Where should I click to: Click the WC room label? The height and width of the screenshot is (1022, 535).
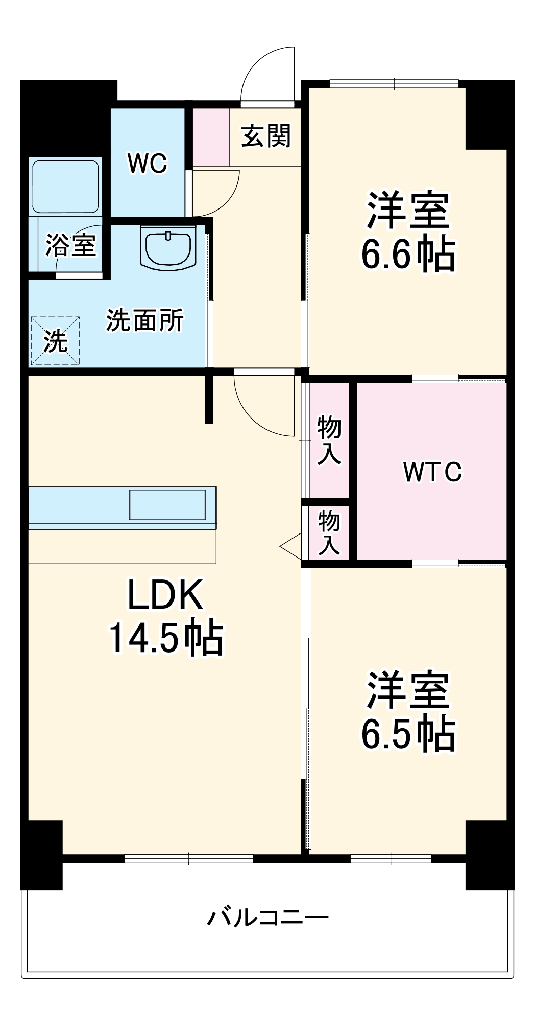148,164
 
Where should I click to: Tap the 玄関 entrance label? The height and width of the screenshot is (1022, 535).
265,136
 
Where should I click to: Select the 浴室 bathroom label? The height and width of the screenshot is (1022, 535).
70,245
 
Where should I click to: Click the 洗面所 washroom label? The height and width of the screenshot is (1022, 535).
144,320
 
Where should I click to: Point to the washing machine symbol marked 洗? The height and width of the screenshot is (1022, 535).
55,341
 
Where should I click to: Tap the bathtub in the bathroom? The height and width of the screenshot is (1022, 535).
65,187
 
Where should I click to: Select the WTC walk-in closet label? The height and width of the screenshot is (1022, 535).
432,472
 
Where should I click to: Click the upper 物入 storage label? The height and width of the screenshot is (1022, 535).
329,440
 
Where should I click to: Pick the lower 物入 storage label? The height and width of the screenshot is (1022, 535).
329,532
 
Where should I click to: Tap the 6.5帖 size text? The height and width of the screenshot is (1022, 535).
408,734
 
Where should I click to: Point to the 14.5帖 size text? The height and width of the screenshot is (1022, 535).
166,638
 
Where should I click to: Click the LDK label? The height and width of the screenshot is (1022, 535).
165,595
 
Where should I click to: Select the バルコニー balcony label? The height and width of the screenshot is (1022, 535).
267,918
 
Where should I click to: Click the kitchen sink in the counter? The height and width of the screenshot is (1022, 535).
167,505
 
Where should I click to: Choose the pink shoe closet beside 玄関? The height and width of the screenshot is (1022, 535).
211,137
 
